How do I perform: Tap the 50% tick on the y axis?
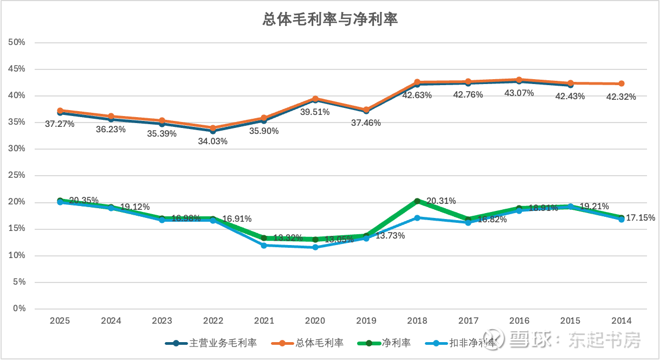(17, 42)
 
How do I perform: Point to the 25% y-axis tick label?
(17, 176)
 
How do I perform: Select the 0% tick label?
(19, 308)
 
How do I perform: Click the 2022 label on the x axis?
(213, 320)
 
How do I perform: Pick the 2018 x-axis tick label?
(417, 320)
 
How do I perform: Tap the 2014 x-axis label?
(622, 320)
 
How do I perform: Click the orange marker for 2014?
(622, 83)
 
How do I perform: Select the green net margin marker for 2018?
(417, 201)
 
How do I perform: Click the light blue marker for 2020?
(315, 247)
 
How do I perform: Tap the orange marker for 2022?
(213, 128)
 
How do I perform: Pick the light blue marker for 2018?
(417, 218)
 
